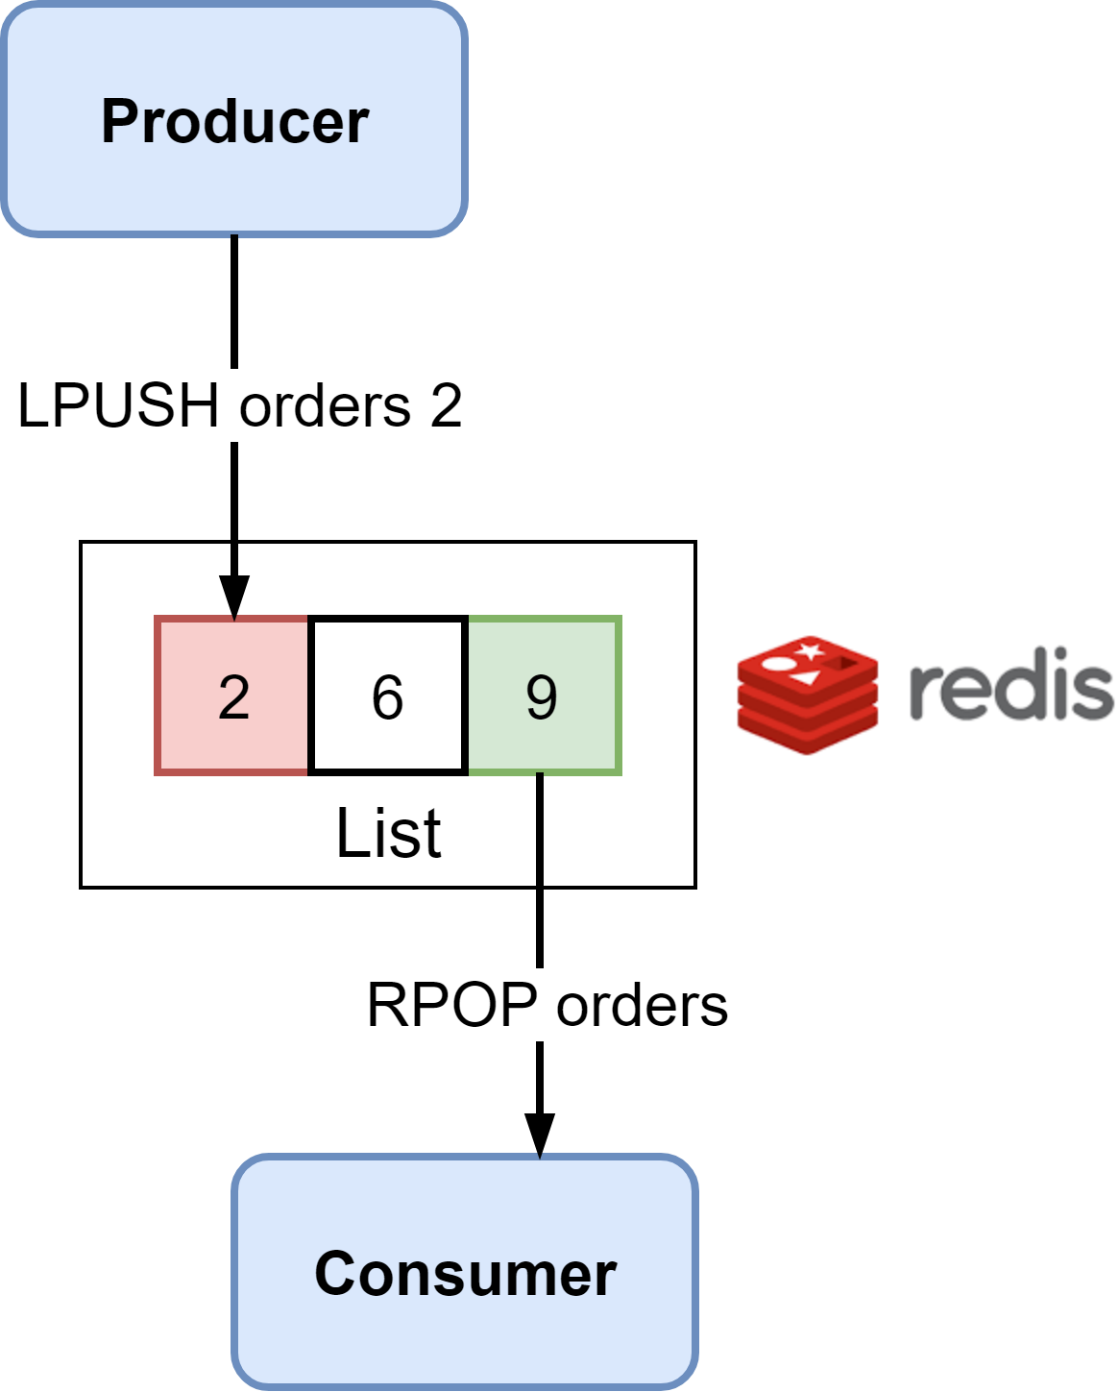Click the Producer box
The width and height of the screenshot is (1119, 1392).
(234, 119)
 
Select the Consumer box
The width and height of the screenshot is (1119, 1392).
(465, 1272)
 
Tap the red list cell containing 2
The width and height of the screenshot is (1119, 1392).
(232, 696)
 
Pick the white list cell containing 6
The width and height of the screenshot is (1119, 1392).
(388, 696)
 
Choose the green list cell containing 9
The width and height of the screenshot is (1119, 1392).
(544, 696)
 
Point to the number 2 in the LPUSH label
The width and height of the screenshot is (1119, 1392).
(446, 405)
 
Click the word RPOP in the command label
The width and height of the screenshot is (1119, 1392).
(452, 1005)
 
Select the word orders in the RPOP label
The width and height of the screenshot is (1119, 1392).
(643, 1005)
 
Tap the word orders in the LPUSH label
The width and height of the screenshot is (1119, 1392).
(325, 405)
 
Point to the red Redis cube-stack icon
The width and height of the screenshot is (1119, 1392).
(808, 695)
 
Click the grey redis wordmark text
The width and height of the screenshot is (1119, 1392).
(1010, 689)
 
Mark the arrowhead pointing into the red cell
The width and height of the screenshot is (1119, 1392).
(234, 596)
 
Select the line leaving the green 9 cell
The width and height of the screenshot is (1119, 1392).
(540, 828)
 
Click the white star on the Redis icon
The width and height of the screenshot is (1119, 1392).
(810, 652)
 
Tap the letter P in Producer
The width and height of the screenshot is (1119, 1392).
(118, 121)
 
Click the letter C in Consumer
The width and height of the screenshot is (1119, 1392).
(333, 1274)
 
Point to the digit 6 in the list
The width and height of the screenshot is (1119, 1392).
(388, 697)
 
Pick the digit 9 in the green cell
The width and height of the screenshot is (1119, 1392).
(542, 697)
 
